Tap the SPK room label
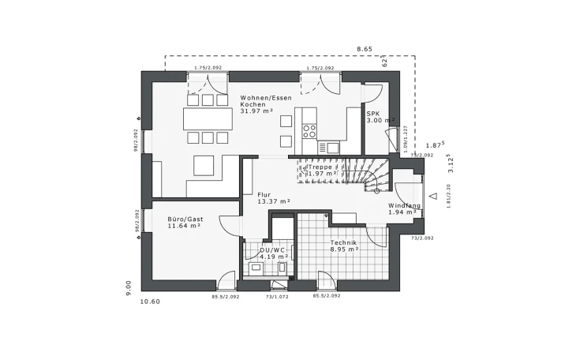[x=373, y=114]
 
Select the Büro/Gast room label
[x=185, y=219]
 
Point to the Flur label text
[x=264, y=194]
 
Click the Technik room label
[x=343, y=242]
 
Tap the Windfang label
[x=404, y=206]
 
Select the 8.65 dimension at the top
[x=364, y=49]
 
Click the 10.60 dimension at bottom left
[x=150, y=301]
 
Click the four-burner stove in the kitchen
[x=309, y=129]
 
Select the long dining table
[x=208, y=118]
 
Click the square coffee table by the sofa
[x=204, y=164]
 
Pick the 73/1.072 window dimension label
[x=278, y=296]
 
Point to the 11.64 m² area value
[x=184, y=226]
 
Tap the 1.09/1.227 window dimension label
[x=405, y=139]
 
